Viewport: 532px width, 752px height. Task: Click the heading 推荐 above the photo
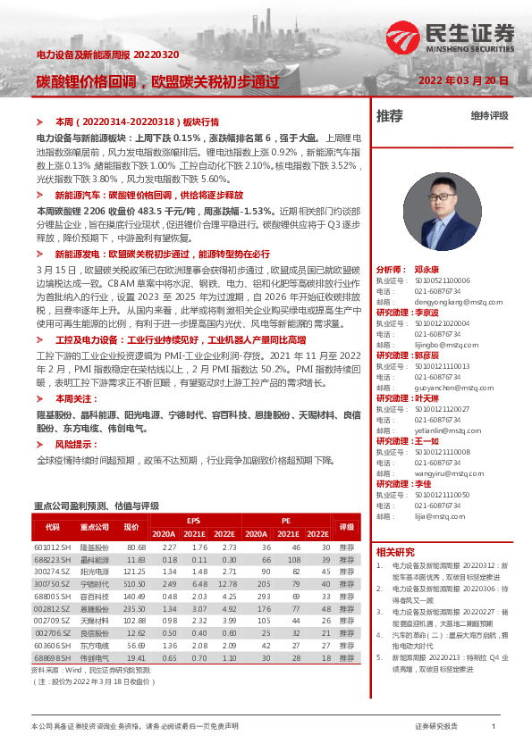coord(390,116)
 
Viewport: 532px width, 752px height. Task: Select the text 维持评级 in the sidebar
coord(489,116)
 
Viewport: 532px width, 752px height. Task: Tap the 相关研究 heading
coord(395,552)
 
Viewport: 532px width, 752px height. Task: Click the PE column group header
coord(286,519)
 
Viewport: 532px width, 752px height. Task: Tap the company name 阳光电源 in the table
coord(95,571)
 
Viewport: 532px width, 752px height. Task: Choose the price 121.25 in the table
coord(135,571)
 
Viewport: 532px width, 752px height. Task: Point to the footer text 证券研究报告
coord(437,726)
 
